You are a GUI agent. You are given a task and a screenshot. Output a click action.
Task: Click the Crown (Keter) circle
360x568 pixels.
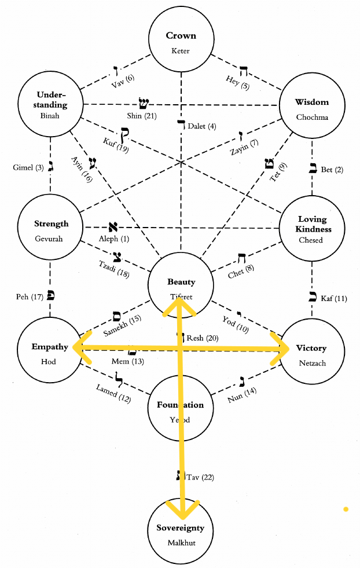point(181,42)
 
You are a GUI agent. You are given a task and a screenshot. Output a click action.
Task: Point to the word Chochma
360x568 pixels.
point(312,116)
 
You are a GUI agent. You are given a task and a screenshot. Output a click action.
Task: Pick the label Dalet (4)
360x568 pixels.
point(202,126)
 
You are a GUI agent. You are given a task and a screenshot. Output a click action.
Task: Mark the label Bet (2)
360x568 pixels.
point(332,170)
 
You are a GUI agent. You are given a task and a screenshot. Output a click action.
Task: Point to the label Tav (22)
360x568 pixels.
point(200,477)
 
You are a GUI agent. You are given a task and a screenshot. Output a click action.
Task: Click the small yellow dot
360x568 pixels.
point(346,510)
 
